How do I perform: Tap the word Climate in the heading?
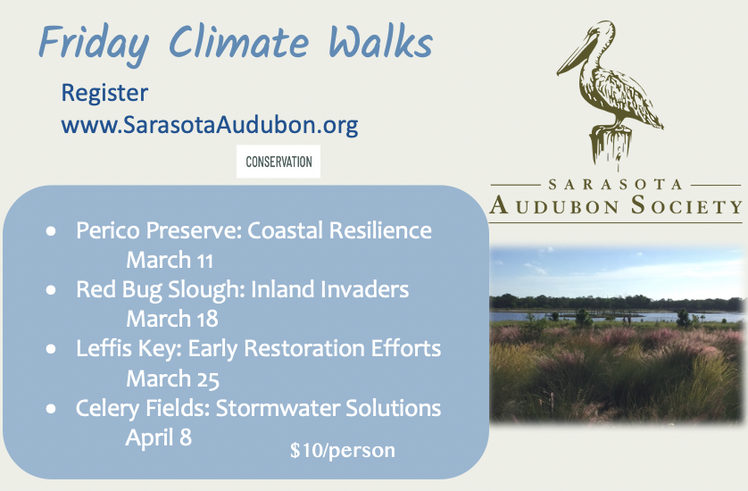point(239,42)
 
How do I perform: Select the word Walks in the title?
point(380,41)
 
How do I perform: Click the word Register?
point(104,94)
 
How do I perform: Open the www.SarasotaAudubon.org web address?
point(210,126)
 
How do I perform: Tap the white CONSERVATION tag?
point(278,162)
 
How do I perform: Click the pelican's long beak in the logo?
point(576,54)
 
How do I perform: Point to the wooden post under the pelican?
point(611,145)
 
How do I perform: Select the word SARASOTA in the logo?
point(615,185)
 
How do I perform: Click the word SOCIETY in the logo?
point(687,205)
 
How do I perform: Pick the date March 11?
point(170,261)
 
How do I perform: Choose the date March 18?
point(171,320)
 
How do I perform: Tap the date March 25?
point(172,379)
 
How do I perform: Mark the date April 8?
point(158,438)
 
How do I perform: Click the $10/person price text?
point(343,451)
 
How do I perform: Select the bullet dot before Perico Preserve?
point(51,231)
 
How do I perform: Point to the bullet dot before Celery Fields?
point(51,409)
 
